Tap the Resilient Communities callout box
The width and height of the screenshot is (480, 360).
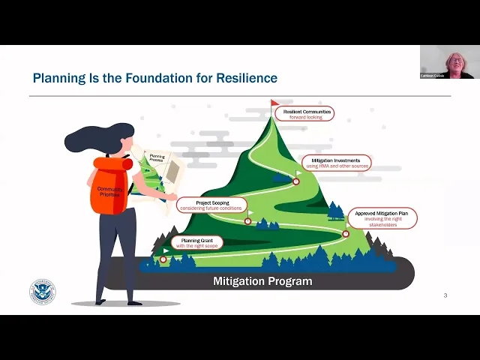(304, 113)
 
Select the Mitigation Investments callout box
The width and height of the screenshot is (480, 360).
(336, 163)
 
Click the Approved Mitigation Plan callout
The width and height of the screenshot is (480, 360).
(382, 218)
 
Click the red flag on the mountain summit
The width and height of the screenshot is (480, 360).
(274, 103)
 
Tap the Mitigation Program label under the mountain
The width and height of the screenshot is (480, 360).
(252, 281)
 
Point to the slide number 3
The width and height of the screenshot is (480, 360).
(445, 295)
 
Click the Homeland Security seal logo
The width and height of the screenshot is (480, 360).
(42, 292)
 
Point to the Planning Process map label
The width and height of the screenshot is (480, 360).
(157, 159)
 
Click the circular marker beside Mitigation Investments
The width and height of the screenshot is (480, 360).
(296, 181)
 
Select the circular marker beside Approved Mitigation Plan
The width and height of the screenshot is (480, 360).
(346, 234)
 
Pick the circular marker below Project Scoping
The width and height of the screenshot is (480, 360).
(247, 220)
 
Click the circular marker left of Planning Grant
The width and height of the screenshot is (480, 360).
(163, 259)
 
